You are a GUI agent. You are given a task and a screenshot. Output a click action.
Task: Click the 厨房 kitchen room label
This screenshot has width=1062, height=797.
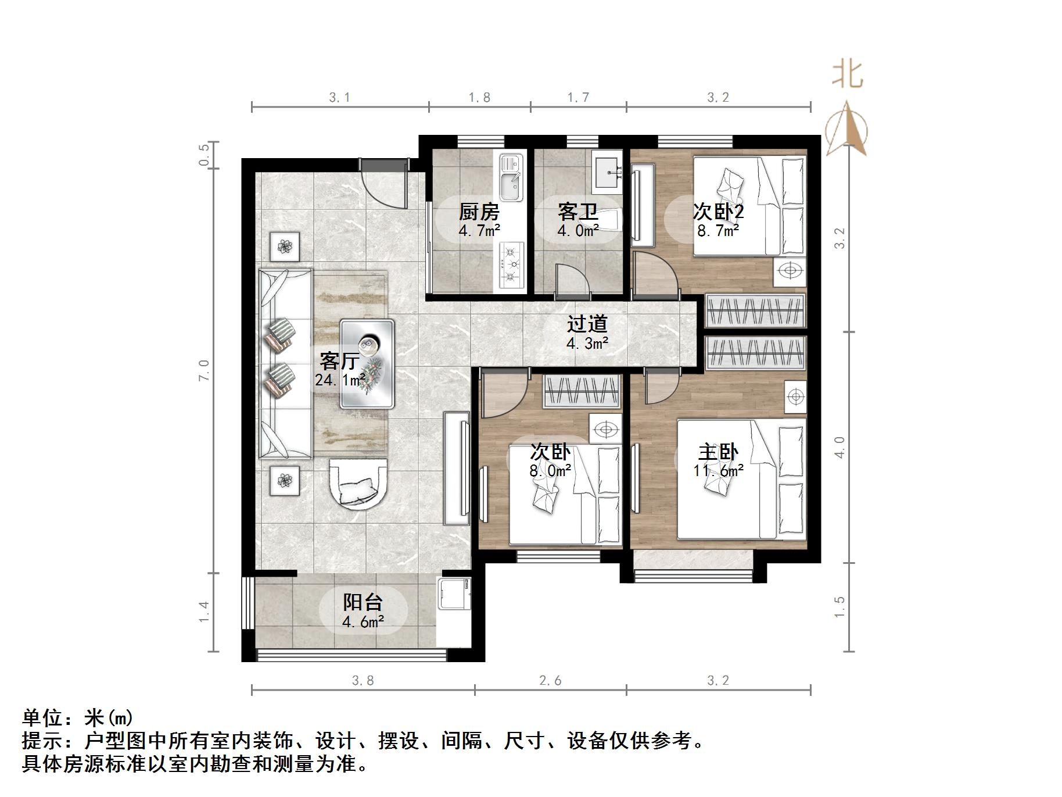pos(479,212)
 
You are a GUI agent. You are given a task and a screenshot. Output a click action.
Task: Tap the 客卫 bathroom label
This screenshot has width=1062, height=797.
pos(577,212)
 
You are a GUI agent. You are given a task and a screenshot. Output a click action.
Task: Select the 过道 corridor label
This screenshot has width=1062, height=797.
pos(587,324)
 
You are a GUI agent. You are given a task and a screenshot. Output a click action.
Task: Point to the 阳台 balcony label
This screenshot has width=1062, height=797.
pos(363,602)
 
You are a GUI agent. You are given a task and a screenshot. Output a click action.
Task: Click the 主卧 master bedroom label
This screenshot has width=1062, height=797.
pos(718,452)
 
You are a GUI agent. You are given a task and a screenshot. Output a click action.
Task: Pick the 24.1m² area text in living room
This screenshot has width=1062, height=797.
pos(340,380)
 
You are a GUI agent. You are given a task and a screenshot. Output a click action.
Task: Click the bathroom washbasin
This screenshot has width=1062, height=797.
pos(608,171)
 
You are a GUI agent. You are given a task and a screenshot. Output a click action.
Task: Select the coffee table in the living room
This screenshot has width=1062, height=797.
pos(367,364)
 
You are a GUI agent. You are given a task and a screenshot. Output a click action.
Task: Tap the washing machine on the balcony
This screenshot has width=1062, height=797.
pos(455,592)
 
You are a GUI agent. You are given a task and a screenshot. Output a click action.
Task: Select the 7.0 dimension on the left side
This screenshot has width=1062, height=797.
pos(204,370)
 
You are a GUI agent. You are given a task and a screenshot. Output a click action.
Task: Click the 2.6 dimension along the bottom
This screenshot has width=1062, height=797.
pos(550,680)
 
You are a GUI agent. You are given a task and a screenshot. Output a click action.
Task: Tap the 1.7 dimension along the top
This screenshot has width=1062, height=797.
pos(578,97)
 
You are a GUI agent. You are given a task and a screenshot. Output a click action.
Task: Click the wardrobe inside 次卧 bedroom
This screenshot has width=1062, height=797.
pos(582,391)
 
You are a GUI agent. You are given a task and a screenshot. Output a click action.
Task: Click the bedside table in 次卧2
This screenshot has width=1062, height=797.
pos(790,271)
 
